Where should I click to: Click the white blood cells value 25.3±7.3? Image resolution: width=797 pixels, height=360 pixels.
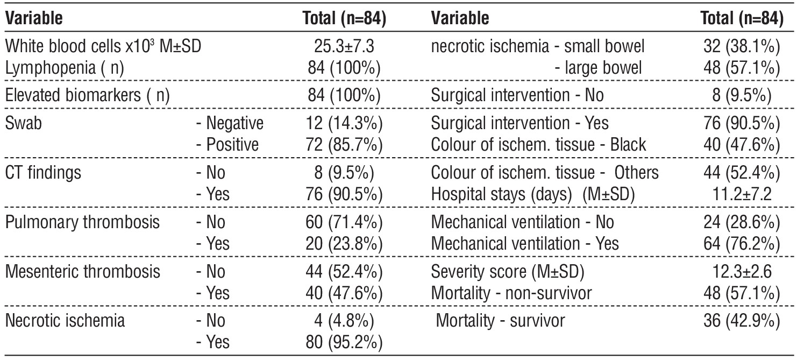pos(344,46)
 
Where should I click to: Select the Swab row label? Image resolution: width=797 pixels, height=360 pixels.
pos(24,123)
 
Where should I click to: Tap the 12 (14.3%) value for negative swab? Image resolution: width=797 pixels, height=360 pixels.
pos(344,123)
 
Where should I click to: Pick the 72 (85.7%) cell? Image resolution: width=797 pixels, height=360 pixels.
pos(344,145)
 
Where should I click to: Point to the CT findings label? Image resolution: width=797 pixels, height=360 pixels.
pos(43,173)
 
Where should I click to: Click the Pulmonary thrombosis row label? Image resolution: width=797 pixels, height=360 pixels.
pos(82,222)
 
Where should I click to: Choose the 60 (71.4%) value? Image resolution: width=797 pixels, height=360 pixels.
pos(344,222)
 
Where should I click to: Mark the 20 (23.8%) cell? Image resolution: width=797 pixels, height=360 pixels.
pos(344,244)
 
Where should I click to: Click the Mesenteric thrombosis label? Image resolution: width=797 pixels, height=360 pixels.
pos(82,271)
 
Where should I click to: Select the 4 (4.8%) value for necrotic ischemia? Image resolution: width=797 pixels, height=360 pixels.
pos(344,321)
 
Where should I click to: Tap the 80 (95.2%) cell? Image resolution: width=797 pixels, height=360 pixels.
pos(344,342)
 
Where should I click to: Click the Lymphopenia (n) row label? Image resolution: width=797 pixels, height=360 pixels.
pos(65,68)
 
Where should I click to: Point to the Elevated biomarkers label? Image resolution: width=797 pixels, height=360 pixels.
pos(87,95)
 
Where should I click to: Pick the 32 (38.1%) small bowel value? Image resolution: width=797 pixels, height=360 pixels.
pos(742,46)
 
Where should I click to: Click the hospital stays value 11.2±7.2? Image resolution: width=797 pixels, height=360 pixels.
pos(742,194)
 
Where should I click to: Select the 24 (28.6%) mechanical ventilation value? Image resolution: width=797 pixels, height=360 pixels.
pos(742,222)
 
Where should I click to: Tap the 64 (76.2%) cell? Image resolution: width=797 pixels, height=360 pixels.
pos(742,244)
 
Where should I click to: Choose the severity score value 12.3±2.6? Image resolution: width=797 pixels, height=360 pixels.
pos(742,271)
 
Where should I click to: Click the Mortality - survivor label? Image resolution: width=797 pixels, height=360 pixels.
pos(500,321)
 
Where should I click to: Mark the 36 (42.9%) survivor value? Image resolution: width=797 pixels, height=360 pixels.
pos(742,321)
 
